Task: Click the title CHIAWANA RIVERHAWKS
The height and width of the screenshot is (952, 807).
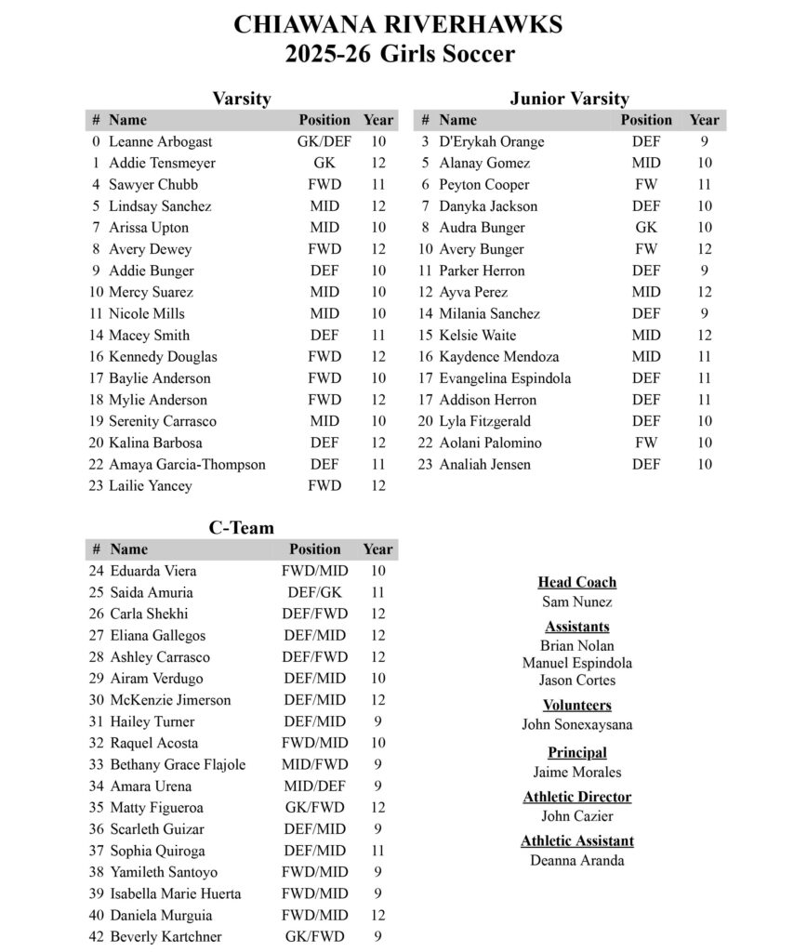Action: point(398,24)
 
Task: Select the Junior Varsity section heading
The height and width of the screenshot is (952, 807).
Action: point(569,99)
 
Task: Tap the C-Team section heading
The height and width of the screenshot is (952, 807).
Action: point(241,528)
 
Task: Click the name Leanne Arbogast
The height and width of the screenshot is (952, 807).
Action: point(160,142)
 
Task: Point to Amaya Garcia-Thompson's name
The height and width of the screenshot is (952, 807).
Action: point(187,465)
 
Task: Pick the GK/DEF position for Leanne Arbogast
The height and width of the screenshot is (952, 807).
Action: point(324,142)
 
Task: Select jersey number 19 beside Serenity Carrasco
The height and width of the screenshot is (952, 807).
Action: point(96,421)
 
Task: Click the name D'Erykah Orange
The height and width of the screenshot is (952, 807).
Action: point(491,142)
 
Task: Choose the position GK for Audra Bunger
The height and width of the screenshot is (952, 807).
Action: point(646,228)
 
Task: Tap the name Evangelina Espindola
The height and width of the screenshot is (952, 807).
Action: point(505,378)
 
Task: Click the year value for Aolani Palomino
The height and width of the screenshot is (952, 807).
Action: point(705,443)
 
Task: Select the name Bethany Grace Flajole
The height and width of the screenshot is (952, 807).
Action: point(178,765)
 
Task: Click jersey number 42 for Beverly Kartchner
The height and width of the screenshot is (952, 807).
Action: point(96,937)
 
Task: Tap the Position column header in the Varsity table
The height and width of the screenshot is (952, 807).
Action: point(324,120)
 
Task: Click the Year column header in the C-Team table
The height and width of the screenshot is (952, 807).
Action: point(377,549)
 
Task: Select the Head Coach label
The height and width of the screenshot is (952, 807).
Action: point(577,583)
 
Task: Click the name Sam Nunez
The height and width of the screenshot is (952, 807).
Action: point(577,602)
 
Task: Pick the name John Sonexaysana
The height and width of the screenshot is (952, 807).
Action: point(577,725)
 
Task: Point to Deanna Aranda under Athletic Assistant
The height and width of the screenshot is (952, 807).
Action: point(577,861)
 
